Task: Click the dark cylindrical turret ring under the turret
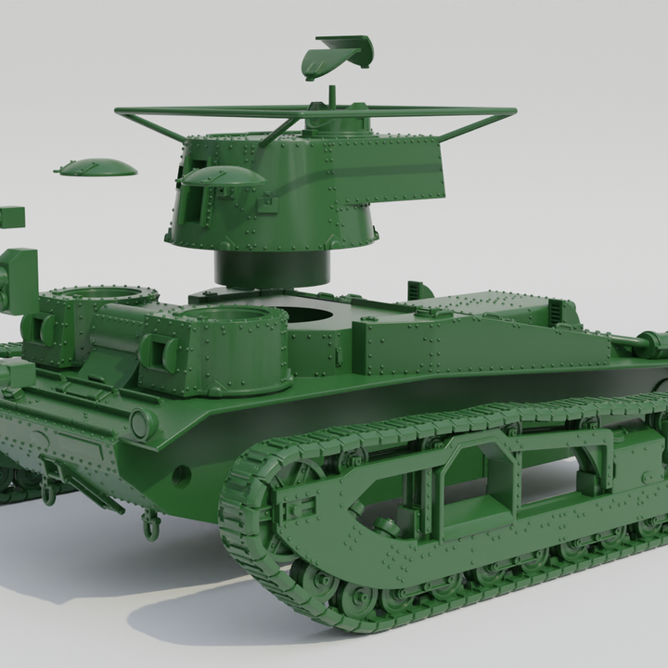point(272,267)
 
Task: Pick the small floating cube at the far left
point(11,216)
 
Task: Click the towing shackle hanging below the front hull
point(149,526)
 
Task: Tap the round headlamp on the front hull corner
point(140,424)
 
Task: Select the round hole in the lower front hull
point(182,475)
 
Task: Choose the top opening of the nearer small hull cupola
point(232,320)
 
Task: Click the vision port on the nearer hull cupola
point(169,353)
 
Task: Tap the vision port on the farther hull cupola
point(43,327)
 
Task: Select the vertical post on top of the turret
point(331,97)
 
